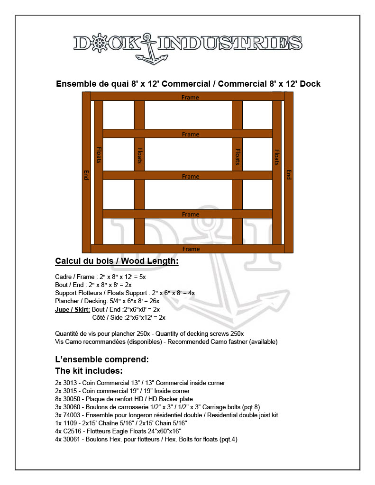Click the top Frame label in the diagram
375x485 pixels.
(x=191, y=97)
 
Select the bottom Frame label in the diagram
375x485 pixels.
(x=191, y=249)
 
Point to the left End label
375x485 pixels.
(x=86, y=175)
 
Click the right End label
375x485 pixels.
(x=288, y=175)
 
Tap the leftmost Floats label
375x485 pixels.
(x=99, y=154)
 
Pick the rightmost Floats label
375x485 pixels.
(x=277, y=157)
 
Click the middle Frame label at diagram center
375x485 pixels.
(x=191, y=176)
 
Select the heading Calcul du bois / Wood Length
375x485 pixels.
(x=117, y=261)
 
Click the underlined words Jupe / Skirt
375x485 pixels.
(x=73, y=309)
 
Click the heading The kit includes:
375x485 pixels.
(x=89, y=370)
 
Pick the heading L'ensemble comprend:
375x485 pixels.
(x=102, y=359)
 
